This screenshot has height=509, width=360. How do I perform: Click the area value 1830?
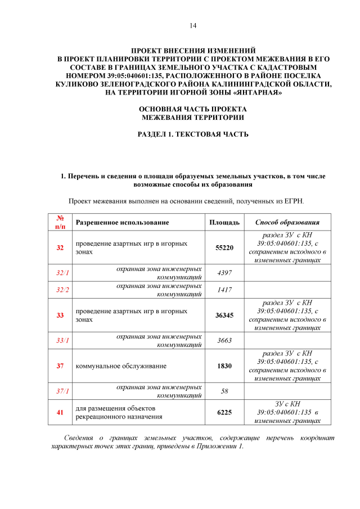[224, 366]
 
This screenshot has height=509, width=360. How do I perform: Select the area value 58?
[224, 391]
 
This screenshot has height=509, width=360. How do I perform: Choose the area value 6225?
[224, 412]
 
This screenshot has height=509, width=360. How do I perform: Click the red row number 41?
[60, 412]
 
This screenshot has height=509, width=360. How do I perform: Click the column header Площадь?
[224, 223]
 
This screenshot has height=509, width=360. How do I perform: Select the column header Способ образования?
[287, 223]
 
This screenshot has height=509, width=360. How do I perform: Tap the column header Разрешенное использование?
[122, 223]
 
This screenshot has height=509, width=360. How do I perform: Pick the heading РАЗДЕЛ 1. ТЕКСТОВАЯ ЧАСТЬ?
[193, 134]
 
